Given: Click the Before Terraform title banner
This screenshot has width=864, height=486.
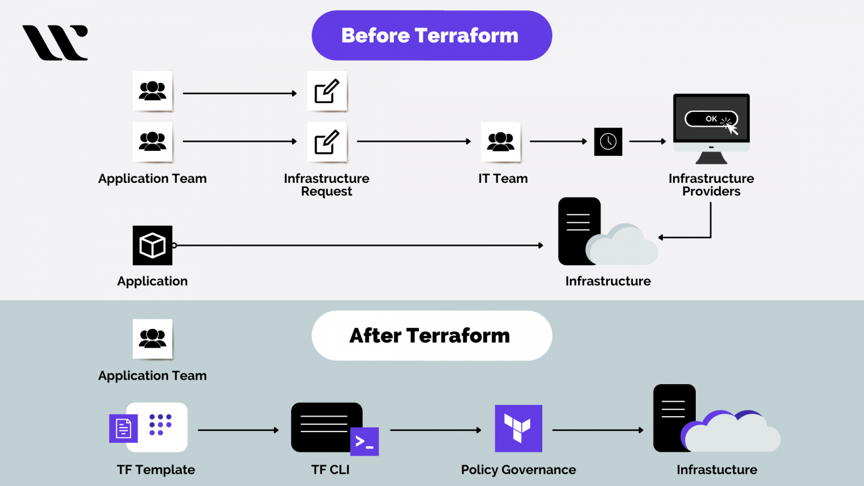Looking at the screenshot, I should click(431, 35).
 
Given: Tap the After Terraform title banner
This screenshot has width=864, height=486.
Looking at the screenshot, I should click(431, 336).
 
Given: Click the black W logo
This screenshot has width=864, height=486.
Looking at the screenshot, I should click(55, 43).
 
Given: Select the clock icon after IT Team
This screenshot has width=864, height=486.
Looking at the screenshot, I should click(608, 142).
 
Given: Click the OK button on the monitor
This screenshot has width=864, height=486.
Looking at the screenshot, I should click(711, 119).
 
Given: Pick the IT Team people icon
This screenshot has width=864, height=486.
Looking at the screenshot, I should click(501, 142).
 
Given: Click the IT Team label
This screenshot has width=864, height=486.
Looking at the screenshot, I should click(503, 179).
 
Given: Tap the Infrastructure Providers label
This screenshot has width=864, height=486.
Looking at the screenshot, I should click(711, 185).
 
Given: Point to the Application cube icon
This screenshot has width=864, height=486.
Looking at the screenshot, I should click(152, 245).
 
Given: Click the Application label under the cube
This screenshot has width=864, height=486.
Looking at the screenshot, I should click(152, 281).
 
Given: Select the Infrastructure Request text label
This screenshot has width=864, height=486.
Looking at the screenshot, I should click(326, 185).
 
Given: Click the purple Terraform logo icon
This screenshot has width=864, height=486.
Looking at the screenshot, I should click(518, 429).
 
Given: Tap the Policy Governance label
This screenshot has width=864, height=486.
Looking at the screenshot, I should click(518, 470).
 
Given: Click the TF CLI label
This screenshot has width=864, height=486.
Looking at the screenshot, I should click(330, 470).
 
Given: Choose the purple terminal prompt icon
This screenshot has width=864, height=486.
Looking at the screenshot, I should click(364, 442).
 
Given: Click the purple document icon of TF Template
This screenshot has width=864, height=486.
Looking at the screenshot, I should click(123, 429).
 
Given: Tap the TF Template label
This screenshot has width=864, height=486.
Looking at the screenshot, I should click(156, 470).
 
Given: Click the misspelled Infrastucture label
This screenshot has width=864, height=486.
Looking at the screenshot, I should click(717, 470).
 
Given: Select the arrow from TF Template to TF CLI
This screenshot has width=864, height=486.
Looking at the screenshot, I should click(238, 430).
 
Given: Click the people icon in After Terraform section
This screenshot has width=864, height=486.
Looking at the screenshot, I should click(152, 339).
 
